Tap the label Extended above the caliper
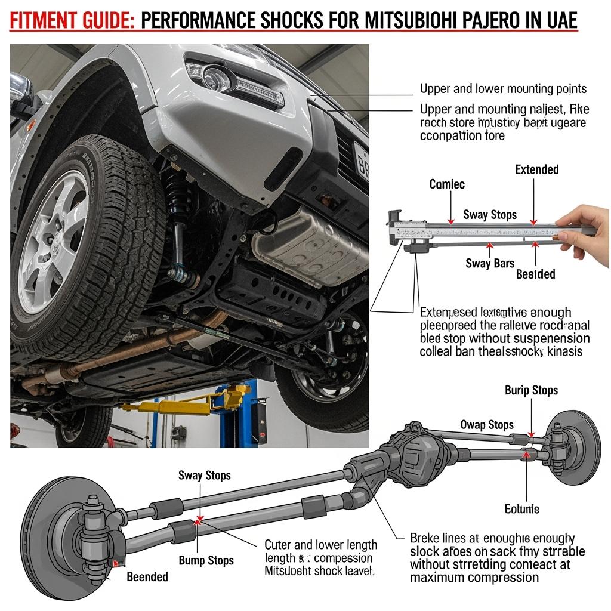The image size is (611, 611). [537, 170]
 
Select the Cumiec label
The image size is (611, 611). [448, 184]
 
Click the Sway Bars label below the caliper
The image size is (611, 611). [489, 263]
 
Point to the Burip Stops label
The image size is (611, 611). [531, 390]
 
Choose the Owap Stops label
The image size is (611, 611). [487, 425]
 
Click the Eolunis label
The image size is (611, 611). [521, 509]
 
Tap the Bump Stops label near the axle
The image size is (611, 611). [207, 560]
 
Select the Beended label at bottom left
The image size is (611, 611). [147, 576]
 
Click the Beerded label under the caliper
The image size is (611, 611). [535, 274]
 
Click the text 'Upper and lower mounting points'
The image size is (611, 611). [503, 89]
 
